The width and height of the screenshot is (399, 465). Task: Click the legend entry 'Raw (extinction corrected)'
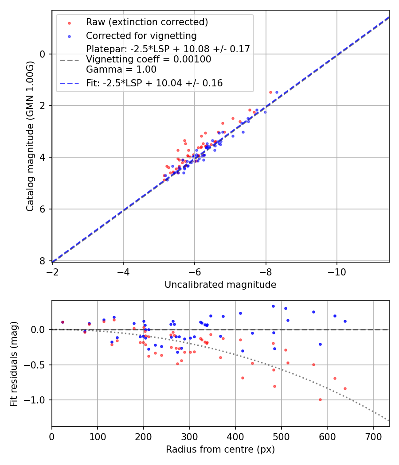pyautogui.click(x=147, y=22)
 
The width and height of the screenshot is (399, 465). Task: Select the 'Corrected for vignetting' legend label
pyautogui.click(x=141, y=36)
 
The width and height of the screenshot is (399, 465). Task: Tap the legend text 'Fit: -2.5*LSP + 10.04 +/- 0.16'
pyautogui.click(x=154, y=83)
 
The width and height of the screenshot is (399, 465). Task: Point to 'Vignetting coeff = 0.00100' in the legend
pyautogui.click(x=149, y=59)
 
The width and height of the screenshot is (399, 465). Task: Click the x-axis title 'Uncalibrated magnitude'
pyautogui.click(x=220, y=285)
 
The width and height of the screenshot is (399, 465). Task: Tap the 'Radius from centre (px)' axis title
pyautogui.click(x=220, y=449)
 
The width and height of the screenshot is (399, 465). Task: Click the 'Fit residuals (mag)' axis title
pyautogui.click(x=14, y=364)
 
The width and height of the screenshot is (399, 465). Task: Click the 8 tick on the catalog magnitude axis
pyautogui.click(x=43, y=261)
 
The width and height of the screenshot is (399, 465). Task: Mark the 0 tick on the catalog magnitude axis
pyautogui.click(x=43, y=54)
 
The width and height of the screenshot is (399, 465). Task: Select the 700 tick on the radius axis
pyautogui.click(x=373, y=436)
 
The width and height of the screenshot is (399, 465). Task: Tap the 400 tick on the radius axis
pyautogui.click(x=235, y=436)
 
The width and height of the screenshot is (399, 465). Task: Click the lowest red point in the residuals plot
pyautogui.click(x=320, y=399)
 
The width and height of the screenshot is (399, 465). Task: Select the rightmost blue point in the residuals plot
pyautogui.click(x=345, y=321)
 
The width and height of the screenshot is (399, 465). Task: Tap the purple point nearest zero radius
pyautogui.click(x=63, y=322)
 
